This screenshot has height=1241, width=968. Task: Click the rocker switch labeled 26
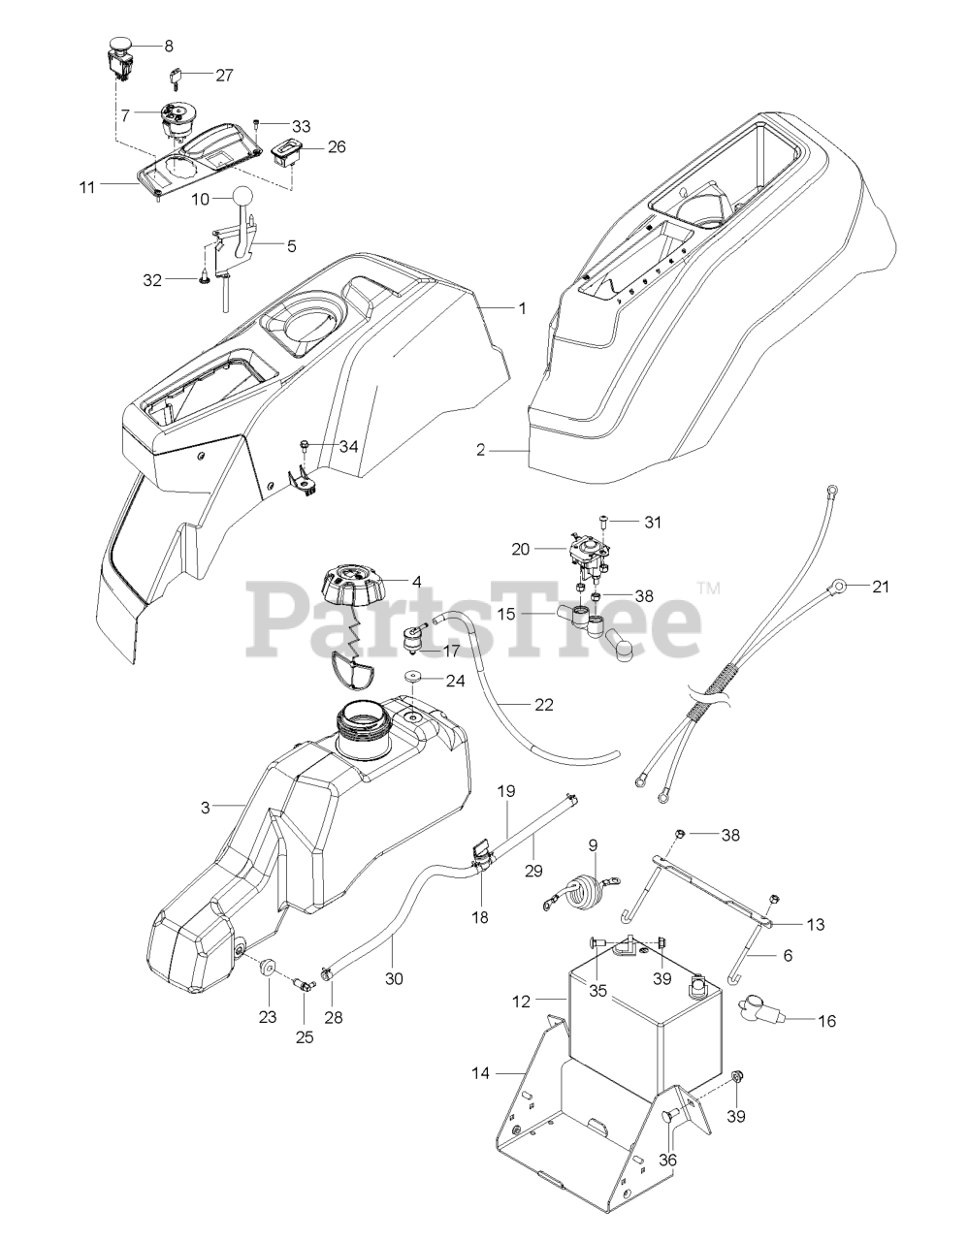click(x=288, y=152)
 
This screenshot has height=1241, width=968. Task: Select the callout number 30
click(x=393, y=978)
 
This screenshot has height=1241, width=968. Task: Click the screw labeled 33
click(x=257, y=125)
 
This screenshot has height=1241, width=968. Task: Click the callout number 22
click(x=544, y=705)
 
